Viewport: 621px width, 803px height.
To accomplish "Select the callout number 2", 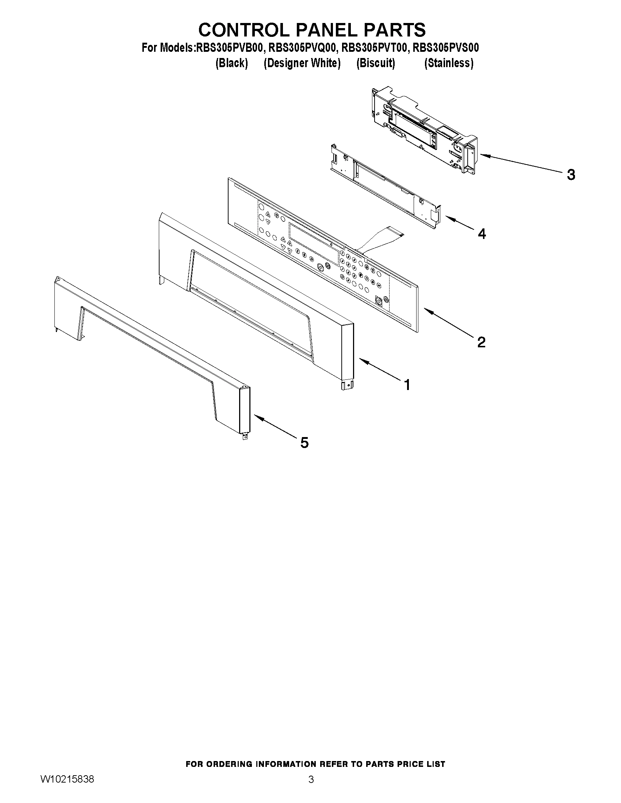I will click(x=481, y=342).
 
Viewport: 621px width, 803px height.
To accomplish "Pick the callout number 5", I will click(x=304, y=442).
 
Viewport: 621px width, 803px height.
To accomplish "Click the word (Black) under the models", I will click(x=232, y=63).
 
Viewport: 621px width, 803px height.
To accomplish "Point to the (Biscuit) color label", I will click(x=376, y=63).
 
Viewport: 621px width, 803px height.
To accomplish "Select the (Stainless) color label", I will click(x=448, y=63).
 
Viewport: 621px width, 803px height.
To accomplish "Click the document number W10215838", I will click(x=66, y=790).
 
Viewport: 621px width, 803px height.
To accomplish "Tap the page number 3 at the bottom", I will click(x=311, y=790).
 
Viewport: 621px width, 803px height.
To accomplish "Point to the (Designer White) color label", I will click(x=302, y=63).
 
